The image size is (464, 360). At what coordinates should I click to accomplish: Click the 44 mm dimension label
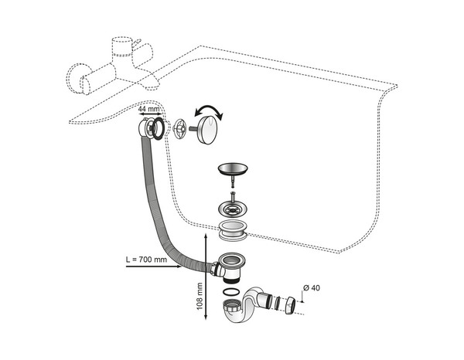pyautogui.click(x=148, y=109)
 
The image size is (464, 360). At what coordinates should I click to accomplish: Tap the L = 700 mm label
pyautogui.click(x=146, y=260)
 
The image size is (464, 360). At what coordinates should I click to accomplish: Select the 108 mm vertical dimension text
pyautogui.click(x=200, y=296)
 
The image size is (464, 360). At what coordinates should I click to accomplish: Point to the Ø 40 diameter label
pyautogui.click(x=312, y=287)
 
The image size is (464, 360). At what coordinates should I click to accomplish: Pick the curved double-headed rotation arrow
pyautogui.click(x=208, y=112)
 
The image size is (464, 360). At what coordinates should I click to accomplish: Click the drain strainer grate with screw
pyautogui.click(x=233, y=208)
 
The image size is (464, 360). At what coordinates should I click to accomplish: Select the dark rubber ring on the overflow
pyautogui.click(x=158, y=128)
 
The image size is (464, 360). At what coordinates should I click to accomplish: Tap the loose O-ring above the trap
pyautogui.click(x=230, y=292)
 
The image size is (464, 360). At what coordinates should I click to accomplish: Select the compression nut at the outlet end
pyautogui.click(x=290, y=305)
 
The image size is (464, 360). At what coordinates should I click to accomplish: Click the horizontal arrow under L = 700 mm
pyautogui.click(x=154, y=267)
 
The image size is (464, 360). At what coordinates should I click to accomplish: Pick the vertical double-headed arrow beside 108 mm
pyautogui.click(x=206, y=277)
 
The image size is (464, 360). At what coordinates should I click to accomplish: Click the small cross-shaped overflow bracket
pyautogui.click(x=179, y=129)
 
